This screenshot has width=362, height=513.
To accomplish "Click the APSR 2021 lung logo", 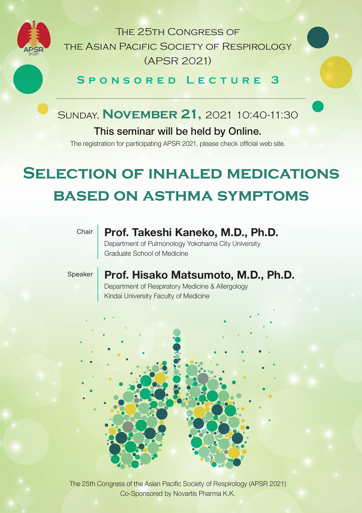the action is pos(34,38).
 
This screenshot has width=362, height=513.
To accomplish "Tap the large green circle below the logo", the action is pos(28,79).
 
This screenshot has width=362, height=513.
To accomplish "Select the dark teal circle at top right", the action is pos(318,37).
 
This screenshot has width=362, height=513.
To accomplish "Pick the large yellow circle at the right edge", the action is pos(336,72).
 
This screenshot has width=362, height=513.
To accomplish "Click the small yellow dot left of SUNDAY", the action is pos(43,109).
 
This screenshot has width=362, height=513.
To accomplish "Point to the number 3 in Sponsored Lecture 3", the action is pos(275,80).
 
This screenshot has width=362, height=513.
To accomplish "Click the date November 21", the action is pos(152,114).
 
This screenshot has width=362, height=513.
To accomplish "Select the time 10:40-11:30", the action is pos(267,115).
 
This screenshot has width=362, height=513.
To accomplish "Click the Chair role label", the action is pos(85,232).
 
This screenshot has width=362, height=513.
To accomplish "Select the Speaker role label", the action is pos(80,274).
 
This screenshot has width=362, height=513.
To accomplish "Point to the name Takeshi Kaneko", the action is pos(175,232).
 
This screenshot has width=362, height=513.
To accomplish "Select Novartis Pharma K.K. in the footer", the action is pos(204,493).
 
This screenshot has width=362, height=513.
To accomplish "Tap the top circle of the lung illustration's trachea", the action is pos(177,332).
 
